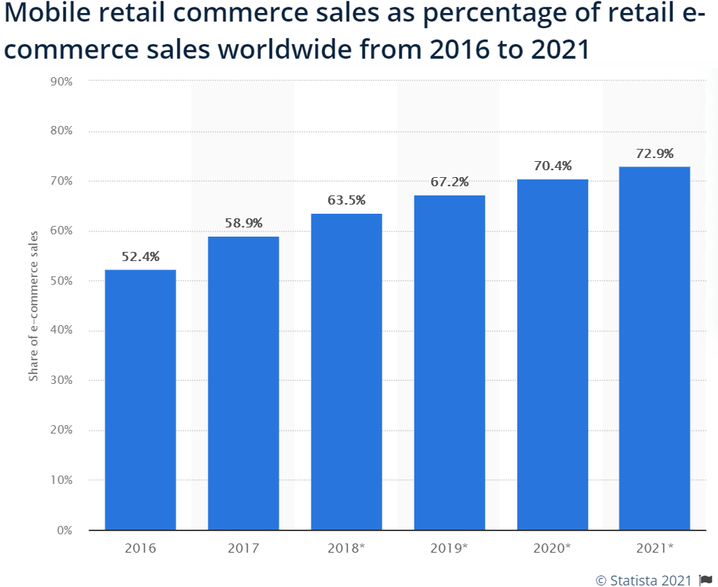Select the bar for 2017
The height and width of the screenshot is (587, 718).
[243, 382]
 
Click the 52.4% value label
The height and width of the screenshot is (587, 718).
[140, 257]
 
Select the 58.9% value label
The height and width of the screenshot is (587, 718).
[243, 224]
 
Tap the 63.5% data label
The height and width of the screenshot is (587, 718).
[346, 201]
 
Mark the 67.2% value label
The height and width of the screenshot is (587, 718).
[449, 182]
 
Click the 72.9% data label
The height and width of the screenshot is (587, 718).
[655, 153]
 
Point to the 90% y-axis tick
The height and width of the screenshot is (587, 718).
[62, 80]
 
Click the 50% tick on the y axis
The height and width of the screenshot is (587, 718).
[62, 280]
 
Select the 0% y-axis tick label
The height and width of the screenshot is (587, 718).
[65, 530]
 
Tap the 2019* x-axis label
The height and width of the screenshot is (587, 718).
[449, 548]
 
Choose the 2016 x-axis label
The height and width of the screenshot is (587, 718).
[140, 548]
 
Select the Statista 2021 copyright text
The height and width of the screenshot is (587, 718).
[643, 580]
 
